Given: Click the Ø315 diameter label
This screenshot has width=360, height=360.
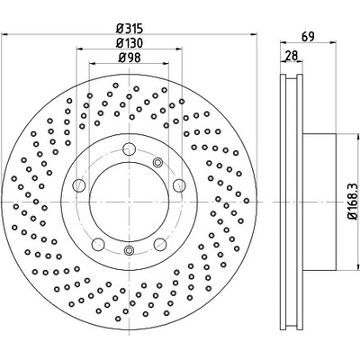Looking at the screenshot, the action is (x=129, y=29).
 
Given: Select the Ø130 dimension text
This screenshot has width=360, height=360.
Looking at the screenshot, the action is (x=129, y=43).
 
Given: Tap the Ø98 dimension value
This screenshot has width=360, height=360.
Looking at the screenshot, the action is (x=129, y=58).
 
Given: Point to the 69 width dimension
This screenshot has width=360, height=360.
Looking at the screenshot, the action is (x=308, y=37).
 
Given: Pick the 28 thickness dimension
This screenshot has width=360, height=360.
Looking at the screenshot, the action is (x=292, y=56).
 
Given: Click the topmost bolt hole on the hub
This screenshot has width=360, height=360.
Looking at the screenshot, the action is (x=129, y=148).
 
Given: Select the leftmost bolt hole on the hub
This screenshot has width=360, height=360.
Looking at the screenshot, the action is (x=79, y=184).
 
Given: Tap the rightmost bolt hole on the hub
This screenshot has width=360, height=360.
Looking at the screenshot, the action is (x=179, y=184).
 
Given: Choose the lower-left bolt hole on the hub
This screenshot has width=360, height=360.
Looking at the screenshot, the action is (x=98, y=244).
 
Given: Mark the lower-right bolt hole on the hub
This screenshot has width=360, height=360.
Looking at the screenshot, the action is (x=160, y=244).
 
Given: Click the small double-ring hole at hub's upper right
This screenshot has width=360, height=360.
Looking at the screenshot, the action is (x=157, y=163).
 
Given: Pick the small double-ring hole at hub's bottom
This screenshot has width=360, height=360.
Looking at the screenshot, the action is (x=129, y=250).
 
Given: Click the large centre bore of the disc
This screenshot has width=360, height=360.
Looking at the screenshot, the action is (x=129, y=202).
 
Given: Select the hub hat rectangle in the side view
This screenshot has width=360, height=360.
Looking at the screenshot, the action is (x=319, y=202).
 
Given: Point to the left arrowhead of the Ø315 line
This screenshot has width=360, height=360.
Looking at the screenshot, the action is (x=4, y=34).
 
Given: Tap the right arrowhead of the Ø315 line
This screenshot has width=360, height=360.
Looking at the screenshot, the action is (x=254, y=34).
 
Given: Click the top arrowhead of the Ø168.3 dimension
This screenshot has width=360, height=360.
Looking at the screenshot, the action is (x=357, y=138).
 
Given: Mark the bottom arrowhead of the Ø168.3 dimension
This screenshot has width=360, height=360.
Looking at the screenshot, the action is (x=357, y=266).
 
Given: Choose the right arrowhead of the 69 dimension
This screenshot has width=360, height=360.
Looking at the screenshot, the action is (x=332, y=42).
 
